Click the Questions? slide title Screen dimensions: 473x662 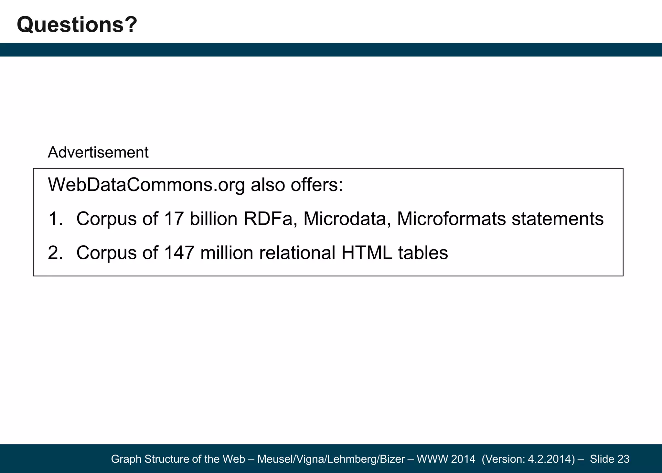(x=77, y=25)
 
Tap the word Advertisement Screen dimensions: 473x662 (x=98, y=152)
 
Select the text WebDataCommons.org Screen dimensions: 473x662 (x=146, y=185)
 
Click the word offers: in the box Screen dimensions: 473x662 (x=316, y=185)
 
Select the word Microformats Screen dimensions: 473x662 (x=451, y=219)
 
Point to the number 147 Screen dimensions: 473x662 (x=179, y=253)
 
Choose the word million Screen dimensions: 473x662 (x=227, y=253)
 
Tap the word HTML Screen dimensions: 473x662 (x=367, y=253)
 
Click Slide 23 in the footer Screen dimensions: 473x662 (x=609, y=459)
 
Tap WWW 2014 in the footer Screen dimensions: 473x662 (x=446, y=459)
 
